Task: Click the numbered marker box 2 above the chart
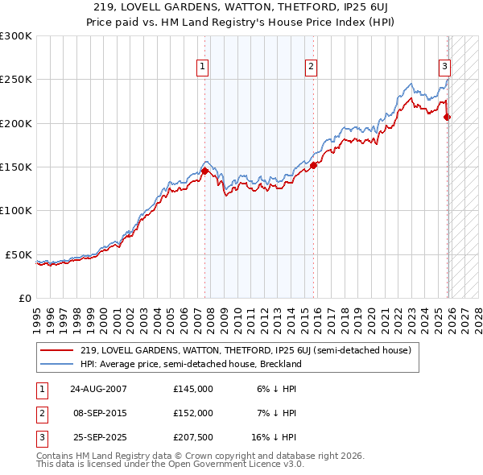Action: (310, 67)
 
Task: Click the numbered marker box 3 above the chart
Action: (444, 67)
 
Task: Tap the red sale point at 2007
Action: (204, 171)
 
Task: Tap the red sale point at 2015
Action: (313, 165)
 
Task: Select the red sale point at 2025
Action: (448, 117)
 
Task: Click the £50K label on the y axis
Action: (19, 254)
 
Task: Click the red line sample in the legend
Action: (57, 350)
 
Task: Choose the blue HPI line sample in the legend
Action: (57, 364)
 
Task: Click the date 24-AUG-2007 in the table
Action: (98, 389)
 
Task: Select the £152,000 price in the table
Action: (193, 412)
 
